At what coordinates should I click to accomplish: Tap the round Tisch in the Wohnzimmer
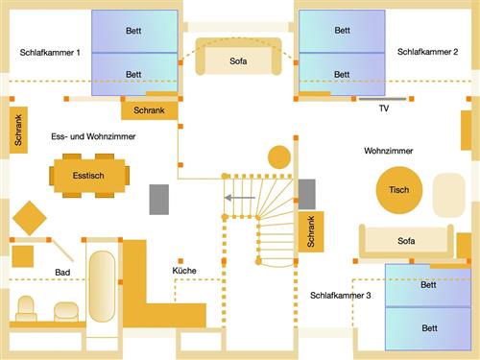tap(398, 189)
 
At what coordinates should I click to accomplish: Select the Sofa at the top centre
tap(238, 60)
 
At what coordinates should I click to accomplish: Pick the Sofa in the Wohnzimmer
tap(406, 241)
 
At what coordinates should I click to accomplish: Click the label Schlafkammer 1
tap(50, 52)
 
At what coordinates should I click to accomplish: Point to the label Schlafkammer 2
tap(427, 50)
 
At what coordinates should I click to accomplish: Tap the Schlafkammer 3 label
tap(340, 296)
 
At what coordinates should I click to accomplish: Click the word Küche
tap(184, 271)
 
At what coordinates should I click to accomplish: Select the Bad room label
tap(62, 273)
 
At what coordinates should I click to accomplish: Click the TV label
tap(384, 108)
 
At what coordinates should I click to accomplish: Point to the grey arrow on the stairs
tap(240, 198)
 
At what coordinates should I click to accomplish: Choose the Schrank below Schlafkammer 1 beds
tap(149, 110)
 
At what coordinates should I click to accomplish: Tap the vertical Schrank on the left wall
tap(18, 130)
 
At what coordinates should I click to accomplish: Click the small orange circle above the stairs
tap(278, 156)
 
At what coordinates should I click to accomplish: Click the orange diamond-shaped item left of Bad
tap(30, 217)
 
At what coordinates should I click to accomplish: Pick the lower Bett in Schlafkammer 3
tap(428, 328)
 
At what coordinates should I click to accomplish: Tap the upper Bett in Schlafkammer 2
tap(342, 31)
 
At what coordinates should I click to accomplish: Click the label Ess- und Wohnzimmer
tap(93, 138)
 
